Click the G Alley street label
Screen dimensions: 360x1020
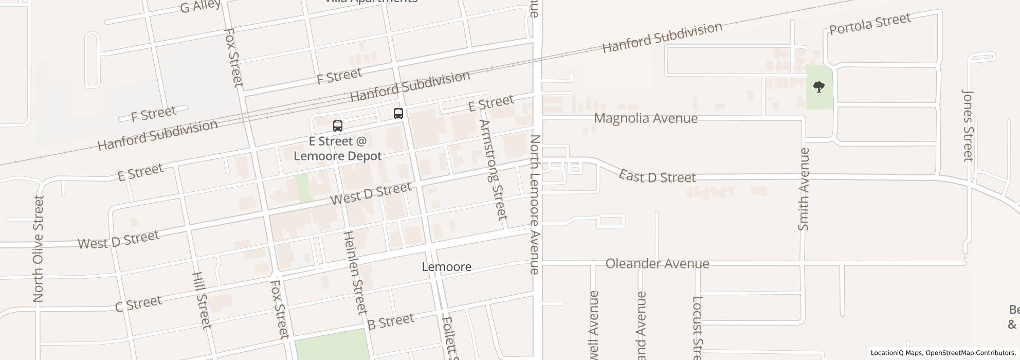[x=200, y=6]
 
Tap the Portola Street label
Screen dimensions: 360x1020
[x=870, y=24]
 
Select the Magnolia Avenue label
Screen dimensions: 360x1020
[x=646, y=118]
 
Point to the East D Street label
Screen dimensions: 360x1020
[x=657, y=176]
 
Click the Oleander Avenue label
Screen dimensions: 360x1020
[x=657, y=264]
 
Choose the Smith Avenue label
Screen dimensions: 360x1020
[x=804, y=189]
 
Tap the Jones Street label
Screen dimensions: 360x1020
[x=968, y=125]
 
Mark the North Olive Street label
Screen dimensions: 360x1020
[x=39, y=248]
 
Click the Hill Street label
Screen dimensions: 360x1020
[x=201, y=300]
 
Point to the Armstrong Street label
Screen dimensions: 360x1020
[x=493, y=169]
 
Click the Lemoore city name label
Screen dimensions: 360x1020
[x=446, y=267]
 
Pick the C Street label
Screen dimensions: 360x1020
[x=138, y=303]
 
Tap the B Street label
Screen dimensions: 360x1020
[x=391, y=322]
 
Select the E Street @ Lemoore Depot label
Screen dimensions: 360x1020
[x=338, y=149]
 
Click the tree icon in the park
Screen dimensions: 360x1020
[x=818, y=86]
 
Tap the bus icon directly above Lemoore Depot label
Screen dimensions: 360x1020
[x=338, y=125]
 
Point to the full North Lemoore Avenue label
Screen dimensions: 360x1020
[x=535, y=204]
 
